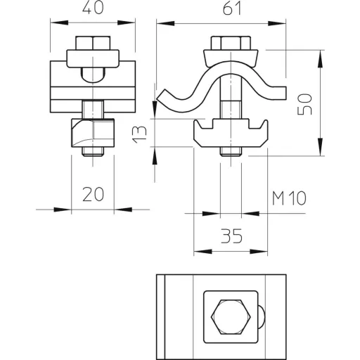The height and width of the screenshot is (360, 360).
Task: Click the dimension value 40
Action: coord(93,8)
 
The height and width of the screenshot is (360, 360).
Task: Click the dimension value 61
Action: coord(232,9)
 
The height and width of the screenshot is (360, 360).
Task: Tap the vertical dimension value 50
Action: coord(304,104)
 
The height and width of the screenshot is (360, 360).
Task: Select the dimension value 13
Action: coord(140,134)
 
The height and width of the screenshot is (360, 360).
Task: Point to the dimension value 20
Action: coord(93,194)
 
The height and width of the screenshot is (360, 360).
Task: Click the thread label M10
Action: coord(289,198)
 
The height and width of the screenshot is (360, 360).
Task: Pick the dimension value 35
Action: coord(232,236)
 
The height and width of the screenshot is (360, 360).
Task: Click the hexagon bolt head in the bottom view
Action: coord(231,317)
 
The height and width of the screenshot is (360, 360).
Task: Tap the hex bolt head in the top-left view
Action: coord(93,43)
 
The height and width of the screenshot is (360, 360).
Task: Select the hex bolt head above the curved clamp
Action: coord(231,43)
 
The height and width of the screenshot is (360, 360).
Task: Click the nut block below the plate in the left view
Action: coord(93,133)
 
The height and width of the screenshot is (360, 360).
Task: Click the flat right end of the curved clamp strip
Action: coord(283,93)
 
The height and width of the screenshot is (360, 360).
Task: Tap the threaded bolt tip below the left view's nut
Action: coord(93,152)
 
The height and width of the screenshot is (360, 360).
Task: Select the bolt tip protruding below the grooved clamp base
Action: coord(231,152)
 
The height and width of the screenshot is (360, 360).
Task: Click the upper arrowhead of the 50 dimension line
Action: coord(320,59)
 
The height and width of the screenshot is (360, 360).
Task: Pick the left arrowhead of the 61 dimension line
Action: coord(165,23)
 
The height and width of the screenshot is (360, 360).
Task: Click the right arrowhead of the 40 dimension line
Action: coord(127,22)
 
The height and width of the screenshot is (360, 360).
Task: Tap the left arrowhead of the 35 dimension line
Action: coord(203,252)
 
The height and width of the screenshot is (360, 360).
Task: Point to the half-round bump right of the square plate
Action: coord(262,317)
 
